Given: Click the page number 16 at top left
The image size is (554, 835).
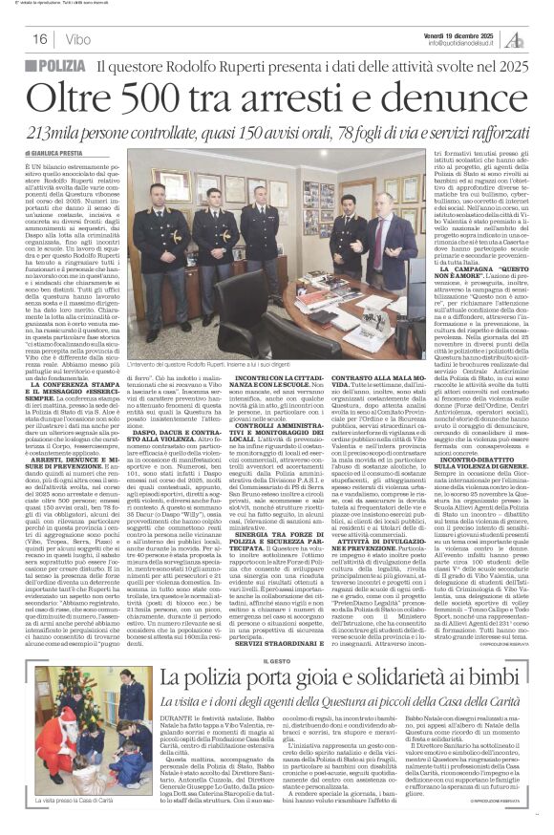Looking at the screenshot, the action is click(x=40, y=39).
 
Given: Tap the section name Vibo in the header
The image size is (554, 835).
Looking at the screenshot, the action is click(x=78, y=39).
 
